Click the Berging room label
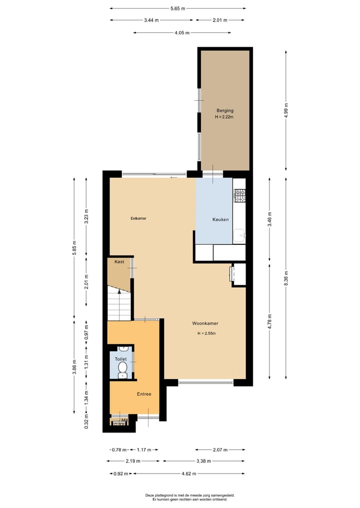pos(224,110)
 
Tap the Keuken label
pos(220,219)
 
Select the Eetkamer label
pos(138,218)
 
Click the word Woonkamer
pos(205,323)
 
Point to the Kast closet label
pos(119,262)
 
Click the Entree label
pos(144,394)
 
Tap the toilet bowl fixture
pos(122,369)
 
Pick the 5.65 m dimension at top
pos(177,8)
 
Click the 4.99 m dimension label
pos(286,109)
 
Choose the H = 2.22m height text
pos(224,117)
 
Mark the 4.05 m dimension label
pos(182,33)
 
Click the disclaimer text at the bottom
pos(189,497)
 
